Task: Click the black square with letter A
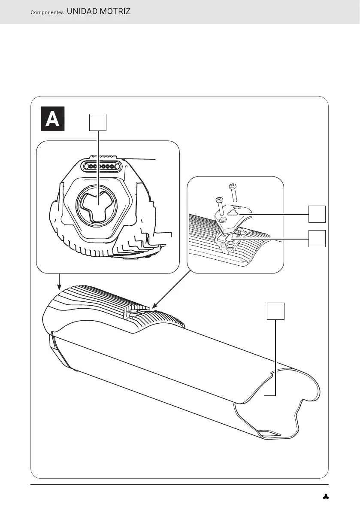pyautogui.click(x=52, y=118)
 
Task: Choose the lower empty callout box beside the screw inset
pyautogui.click(x=317, y=239)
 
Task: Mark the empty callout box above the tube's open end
pyautogui.click(x=276, y=311)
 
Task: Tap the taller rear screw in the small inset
pyautogui.click(x=233, y=193)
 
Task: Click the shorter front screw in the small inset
pyautogui.click(x=220, y=206)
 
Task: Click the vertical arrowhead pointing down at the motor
pyautogui.click(x=60, y=286)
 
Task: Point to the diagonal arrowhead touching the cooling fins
pyautogui.click(x=154, y=307)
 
